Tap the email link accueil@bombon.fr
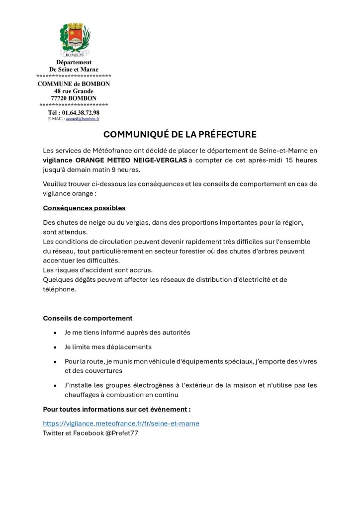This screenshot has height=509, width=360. [x=83, y=119]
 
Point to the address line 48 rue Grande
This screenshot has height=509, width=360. [x=74, y=91]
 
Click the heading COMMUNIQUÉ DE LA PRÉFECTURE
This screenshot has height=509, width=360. [x=180, y=134]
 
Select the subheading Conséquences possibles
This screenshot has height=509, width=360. [x=84, y=208]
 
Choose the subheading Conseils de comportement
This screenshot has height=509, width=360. [x=88, y=318]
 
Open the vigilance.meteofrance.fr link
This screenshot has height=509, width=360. [x=121, y=424]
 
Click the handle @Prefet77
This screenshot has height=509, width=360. [x=121, y=433]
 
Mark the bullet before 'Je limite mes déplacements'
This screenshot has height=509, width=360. [x=54, y=347]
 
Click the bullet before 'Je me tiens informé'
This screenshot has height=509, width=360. [x=54, y=333]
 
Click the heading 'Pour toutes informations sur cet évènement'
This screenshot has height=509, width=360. [x=117, y=410]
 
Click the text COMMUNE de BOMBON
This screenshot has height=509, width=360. [x=74, y=84]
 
